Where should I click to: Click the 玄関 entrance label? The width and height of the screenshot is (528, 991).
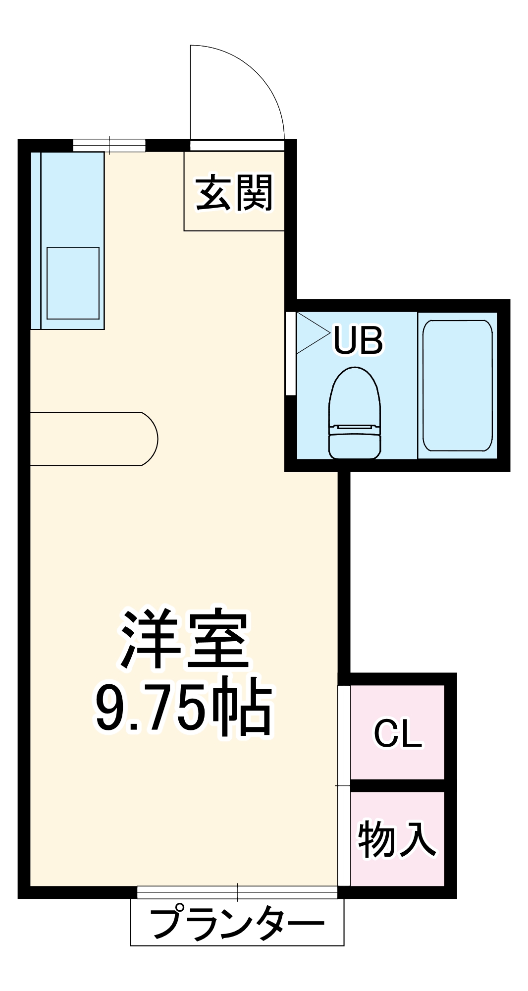click(x=234, y=192)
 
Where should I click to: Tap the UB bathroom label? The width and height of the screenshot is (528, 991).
click(x=358, y=340)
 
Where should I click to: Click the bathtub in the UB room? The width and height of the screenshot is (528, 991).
click(x=457, y=385)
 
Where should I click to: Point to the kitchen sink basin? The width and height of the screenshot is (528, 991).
click(x=73, y=283)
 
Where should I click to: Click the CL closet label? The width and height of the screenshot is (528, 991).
click(x=398, y=733)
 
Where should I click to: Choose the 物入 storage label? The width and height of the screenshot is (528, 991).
click(x=397, y=838)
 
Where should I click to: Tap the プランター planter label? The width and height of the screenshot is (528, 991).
click(x=237, y=923)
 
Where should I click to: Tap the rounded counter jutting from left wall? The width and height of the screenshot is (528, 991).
click(x=94, y=439)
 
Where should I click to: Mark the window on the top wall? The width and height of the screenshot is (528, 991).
click(x=109, y=145)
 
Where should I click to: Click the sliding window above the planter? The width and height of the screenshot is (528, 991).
click(x=237, y=892)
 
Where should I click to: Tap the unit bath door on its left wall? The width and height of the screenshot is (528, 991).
click(x=291, y=353)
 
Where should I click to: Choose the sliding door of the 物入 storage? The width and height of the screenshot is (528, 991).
click(x=344, y=837)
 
